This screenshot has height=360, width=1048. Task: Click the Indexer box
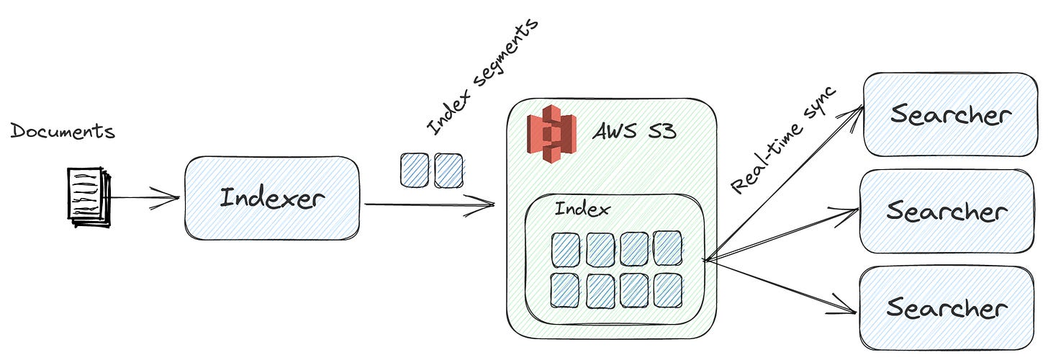point(271,198)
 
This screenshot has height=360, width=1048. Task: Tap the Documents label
point(63,132)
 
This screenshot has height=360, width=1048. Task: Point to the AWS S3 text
point(634,132)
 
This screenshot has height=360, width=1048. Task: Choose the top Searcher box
point(949,114)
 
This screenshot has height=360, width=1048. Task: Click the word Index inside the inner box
point(582,210)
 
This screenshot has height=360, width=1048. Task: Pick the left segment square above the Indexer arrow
point(414,171)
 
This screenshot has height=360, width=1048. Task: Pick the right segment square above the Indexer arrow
point(447,171)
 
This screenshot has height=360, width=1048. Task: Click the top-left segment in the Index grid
point(566,249)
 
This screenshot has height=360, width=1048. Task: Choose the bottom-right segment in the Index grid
point(667,290)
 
